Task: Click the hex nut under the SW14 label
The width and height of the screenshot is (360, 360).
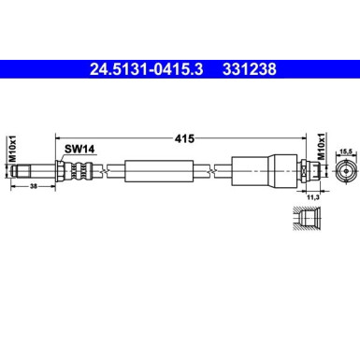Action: point(62,170)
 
